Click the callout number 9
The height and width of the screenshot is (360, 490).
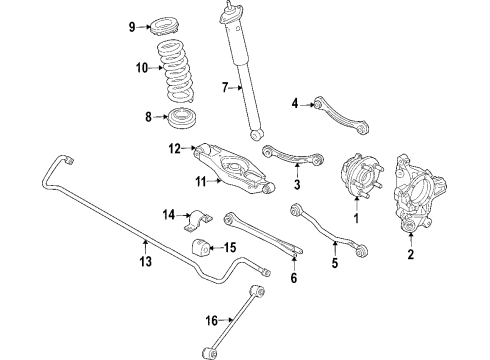click(131, 27)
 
